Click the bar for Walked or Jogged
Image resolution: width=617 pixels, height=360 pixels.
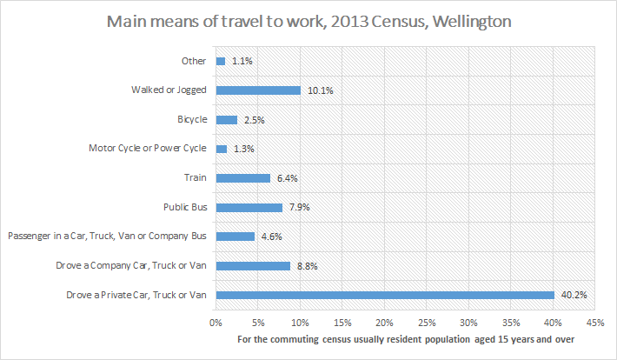pyautogui.click(x=258, y=90)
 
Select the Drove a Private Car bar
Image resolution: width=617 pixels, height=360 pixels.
pyautogui.click(x=385, y=295)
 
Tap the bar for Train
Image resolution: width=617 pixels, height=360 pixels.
pyautogui.click(x=242, y=178)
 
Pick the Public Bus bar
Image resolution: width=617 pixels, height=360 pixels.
pyautogui.click(x=249, y=207)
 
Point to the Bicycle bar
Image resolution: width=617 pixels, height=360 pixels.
pyautogui.click(x=226, y=119)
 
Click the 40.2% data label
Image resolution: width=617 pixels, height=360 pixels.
pyautogui.click(x=574, y=295)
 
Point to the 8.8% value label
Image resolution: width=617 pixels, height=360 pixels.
pyautogui.click(x=309, y=266)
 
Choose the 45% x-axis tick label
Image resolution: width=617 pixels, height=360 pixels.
pyautogui.click(x=595, y=322)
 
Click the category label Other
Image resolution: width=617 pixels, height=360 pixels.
pyautogui.click(x=192, y=61)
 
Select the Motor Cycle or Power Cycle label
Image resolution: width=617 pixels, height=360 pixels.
pyautogui.click(x=147, y=149)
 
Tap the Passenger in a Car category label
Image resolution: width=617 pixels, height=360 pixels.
pyautogui.click(x=107, y=237)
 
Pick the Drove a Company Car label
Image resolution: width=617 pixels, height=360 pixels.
pyautogui.click(x=139, y=266)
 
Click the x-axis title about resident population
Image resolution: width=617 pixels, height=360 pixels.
pyautogui.click(x=405, y=338)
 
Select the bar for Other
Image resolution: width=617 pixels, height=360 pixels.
pyautogui.click(x=220, y=61)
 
